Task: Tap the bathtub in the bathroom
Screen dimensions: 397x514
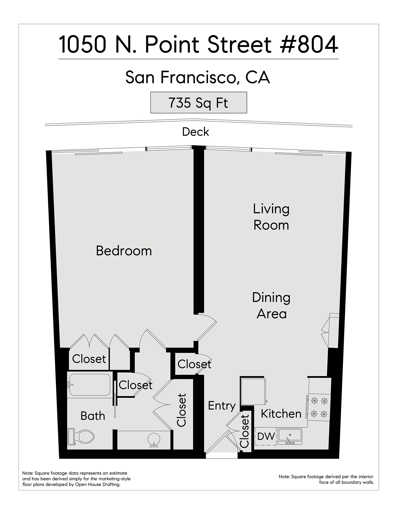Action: point(89,385)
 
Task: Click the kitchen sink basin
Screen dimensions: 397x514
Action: point(290,436)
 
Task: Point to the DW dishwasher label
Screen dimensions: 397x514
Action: point(266,436)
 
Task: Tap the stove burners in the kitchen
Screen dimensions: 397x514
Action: point(319,407)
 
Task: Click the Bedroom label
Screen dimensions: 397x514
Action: point(124,251)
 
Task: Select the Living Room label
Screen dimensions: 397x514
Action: point(271,217)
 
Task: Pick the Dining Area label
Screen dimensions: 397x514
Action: point(271,306)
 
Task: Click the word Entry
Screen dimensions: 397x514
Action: point(222,406)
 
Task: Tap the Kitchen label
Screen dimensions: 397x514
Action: point(281,414)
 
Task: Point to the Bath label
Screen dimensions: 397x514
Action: point(93,416)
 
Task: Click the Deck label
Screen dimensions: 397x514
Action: point(196,132)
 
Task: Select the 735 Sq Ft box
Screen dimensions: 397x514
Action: point(199,103)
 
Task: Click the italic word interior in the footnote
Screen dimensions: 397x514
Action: point(366,477)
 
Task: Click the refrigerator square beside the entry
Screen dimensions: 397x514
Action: point(253,391)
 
